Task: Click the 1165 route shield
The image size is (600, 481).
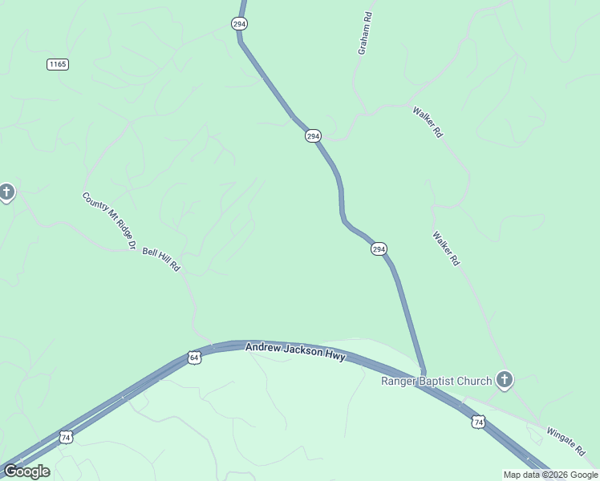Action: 57,64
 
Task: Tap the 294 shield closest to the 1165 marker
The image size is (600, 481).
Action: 239,24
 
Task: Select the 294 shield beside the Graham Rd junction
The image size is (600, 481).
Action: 313,136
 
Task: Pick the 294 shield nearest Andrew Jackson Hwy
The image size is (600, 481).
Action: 379,249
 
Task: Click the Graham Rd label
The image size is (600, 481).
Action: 365,33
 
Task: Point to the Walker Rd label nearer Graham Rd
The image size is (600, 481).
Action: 428,123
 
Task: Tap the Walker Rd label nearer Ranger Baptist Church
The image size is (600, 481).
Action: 446,249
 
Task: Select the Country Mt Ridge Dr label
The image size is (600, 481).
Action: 109,220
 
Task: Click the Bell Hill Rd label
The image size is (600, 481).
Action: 161,259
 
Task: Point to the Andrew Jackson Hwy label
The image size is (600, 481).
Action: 295,351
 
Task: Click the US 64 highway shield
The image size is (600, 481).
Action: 194,357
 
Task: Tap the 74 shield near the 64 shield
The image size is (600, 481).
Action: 66,437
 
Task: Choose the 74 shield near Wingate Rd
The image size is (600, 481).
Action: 478,421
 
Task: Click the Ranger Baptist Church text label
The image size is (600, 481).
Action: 436,380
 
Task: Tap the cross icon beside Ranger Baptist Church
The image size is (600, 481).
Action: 504,378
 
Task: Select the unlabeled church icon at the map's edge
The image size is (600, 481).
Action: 6,192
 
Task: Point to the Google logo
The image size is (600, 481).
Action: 26,471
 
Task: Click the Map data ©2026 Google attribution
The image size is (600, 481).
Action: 551,475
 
